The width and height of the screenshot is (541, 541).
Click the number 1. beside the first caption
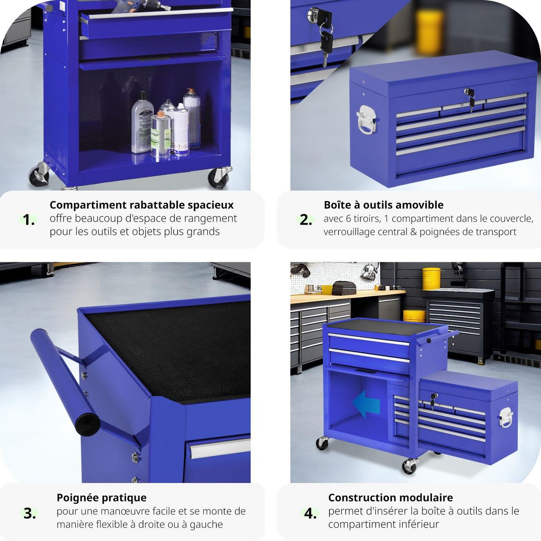click(29, 220)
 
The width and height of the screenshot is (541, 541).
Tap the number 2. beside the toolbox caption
click(306, 220)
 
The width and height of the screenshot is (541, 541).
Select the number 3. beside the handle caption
click(30, 513)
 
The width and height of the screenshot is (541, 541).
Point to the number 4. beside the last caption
click(310, 513)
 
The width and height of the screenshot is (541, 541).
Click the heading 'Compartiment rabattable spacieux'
click(142, 205)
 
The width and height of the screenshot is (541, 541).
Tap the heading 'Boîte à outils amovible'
click(384, 205)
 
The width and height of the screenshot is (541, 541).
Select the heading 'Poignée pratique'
click(101, 498)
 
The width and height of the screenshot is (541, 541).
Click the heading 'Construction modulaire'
click(390, 498)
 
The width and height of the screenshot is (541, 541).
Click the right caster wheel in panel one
click(220, 177)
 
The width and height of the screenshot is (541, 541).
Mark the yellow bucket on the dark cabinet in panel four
click(431, 279)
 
